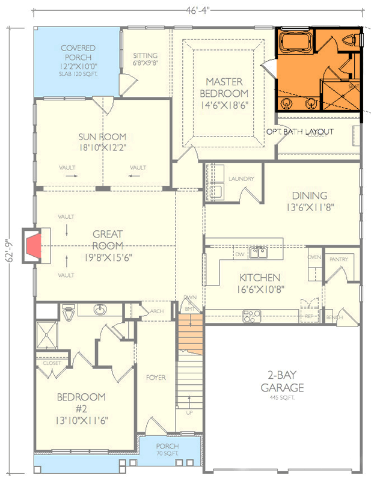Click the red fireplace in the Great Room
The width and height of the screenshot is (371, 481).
[x=34, y=245]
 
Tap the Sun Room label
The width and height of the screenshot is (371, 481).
[x=102, y=141]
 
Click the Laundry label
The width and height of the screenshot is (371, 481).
[x=241, y=179]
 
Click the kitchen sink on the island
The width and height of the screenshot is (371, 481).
[x=259, y=253]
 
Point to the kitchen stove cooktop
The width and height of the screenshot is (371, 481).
[x=251, y=314]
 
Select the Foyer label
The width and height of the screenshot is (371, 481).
[x=155, y=378]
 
